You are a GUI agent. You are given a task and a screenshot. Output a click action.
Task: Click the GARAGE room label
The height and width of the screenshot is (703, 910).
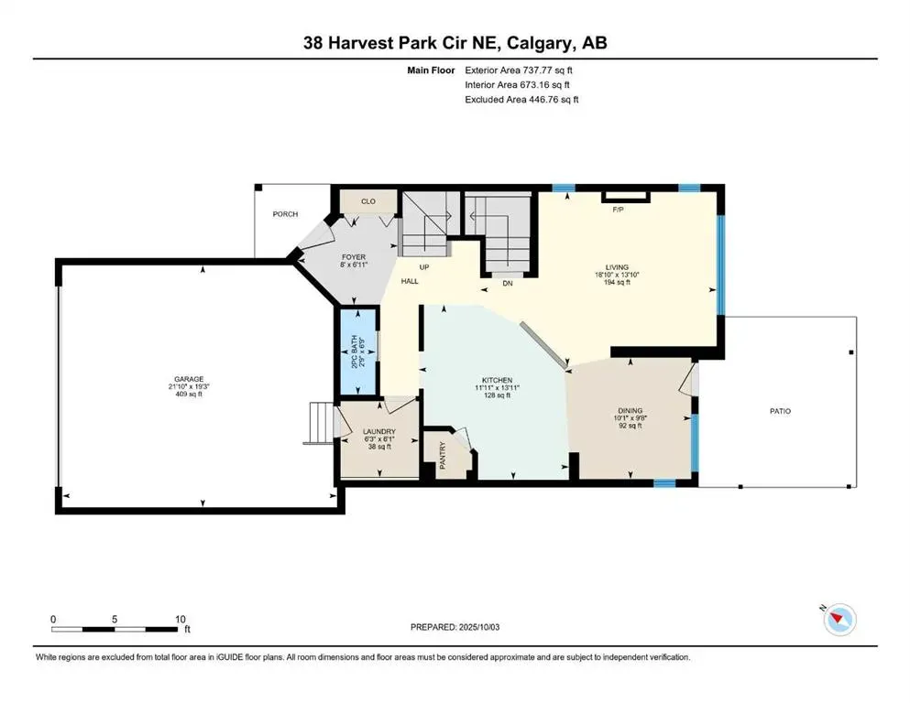189,379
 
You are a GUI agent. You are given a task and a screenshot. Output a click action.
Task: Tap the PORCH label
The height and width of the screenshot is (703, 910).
285,214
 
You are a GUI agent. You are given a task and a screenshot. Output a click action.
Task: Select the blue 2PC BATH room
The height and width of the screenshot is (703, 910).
357,351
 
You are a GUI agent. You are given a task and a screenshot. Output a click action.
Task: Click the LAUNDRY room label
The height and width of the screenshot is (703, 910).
379,432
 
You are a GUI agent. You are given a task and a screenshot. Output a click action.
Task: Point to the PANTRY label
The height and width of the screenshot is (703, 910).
443,455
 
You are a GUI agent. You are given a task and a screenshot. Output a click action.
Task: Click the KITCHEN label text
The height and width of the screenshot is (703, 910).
497,380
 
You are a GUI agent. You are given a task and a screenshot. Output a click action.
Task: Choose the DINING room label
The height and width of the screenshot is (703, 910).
630,410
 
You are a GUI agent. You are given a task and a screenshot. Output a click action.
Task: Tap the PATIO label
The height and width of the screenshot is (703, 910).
780,411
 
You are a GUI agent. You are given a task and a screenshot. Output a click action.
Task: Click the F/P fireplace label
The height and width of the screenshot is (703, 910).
618,210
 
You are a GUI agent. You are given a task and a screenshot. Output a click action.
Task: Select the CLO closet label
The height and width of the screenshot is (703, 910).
368,201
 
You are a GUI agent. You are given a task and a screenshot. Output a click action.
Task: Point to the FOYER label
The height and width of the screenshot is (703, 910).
354,256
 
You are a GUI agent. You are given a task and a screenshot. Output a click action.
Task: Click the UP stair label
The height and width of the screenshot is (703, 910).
424,267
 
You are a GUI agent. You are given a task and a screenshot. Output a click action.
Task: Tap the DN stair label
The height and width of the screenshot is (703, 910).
507,284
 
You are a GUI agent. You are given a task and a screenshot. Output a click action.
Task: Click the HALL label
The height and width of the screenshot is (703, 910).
409,281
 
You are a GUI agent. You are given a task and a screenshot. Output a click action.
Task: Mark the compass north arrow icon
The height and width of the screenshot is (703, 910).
839,619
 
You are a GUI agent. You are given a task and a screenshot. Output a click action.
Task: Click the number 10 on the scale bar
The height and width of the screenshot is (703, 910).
181,619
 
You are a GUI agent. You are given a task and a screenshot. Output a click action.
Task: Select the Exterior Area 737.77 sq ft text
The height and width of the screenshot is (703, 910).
519,70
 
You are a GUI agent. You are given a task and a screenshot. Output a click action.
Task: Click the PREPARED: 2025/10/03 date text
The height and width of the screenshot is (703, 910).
455,627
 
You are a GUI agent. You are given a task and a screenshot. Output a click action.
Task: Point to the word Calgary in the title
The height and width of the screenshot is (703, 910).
537,43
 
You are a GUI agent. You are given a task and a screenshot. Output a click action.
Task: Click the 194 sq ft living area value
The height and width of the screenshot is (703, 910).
617,282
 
